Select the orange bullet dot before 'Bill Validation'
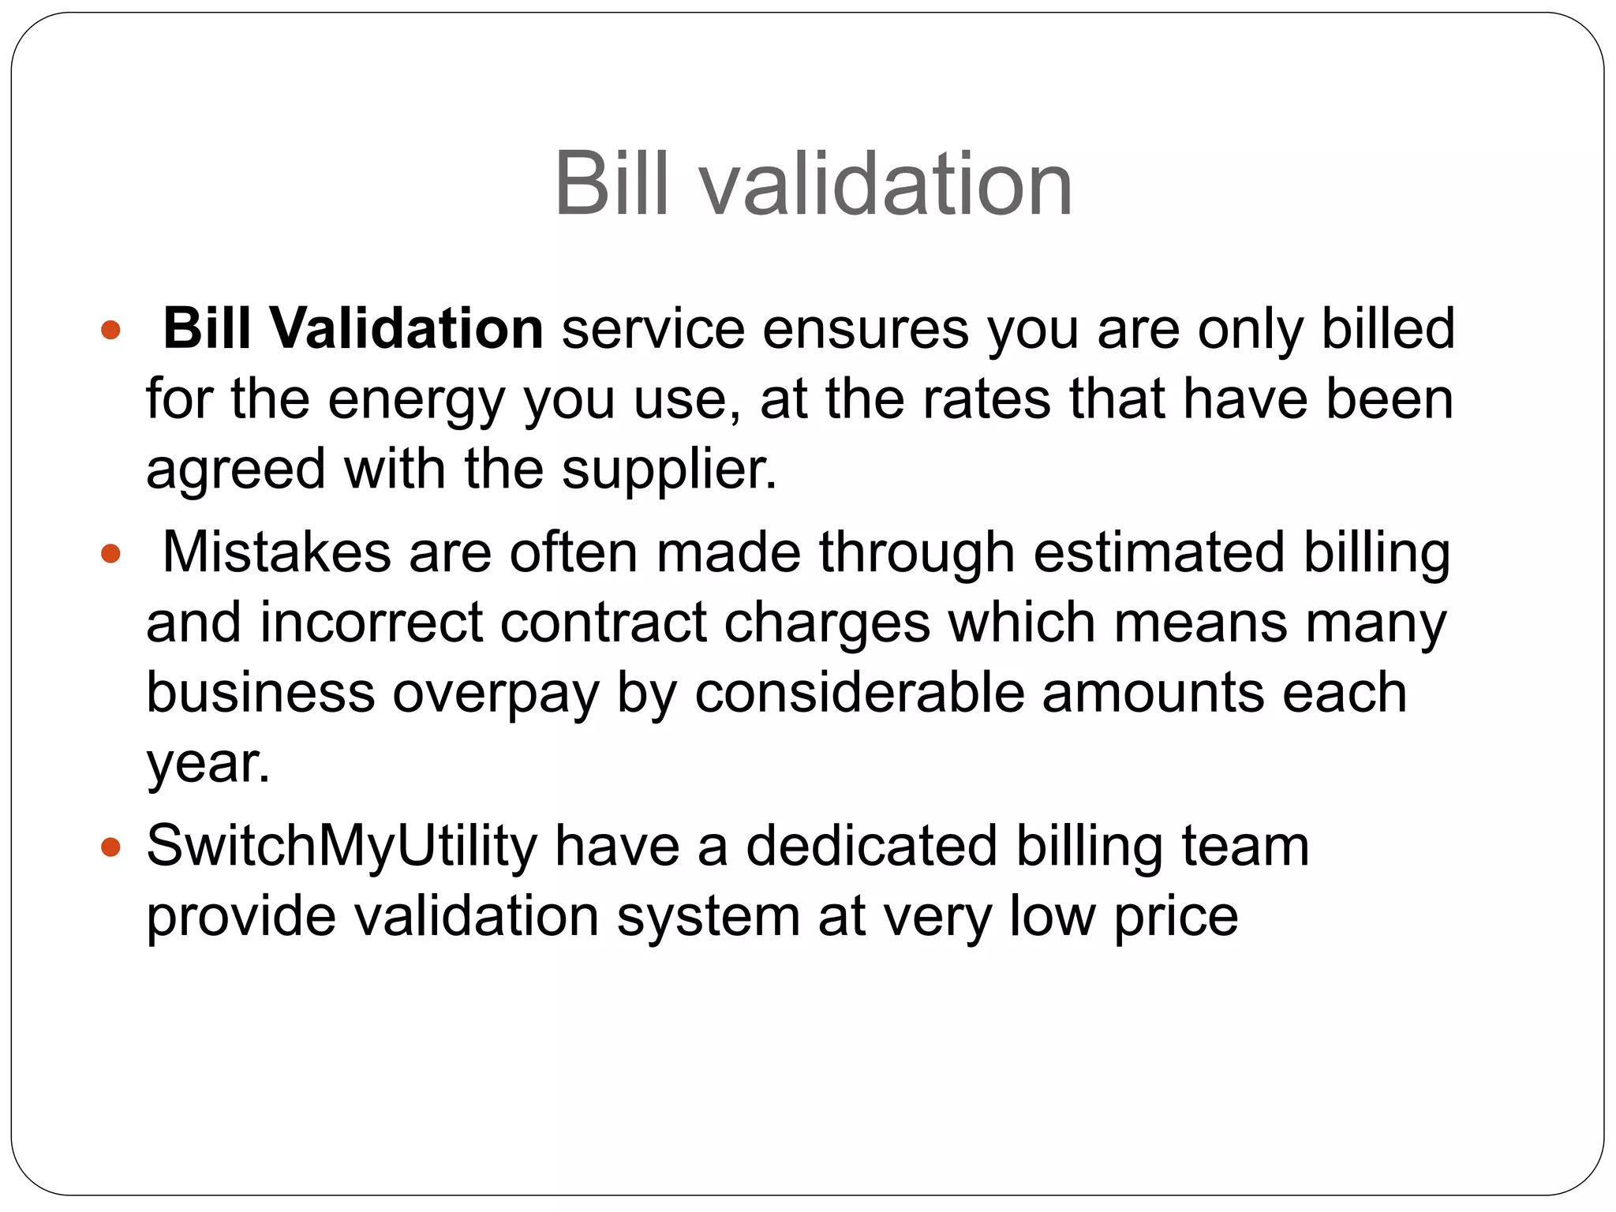click(x=111, y=330)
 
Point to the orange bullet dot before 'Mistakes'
click(x=111, y=554)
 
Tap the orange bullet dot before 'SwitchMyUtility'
click(x=111, y=847)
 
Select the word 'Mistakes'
click(x=276, y=552)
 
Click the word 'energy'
click(x=416, y=401)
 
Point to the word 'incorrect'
click(x=371, y=623)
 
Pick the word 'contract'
click(x=604, y=623)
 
